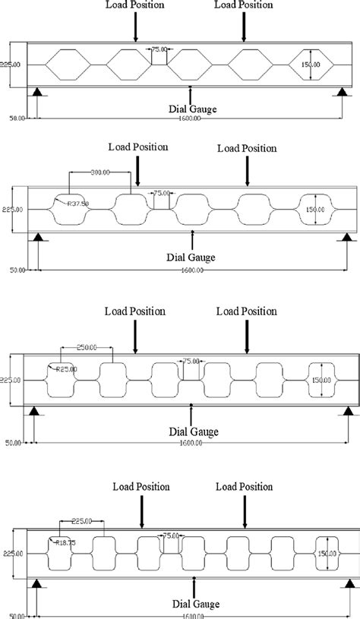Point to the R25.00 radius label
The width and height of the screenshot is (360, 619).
point(61,369)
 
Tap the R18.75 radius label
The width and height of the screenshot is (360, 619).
point(60,542)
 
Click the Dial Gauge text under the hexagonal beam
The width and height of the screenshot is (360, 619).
point(193,109)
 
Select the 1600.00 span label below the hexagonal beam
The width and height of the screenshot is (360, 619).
point(193,118)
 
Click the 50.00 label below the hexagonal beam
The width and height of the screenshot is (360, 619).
point(16,118)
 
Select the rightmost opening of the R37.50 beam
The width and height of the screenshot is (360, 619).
point(317,210)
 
